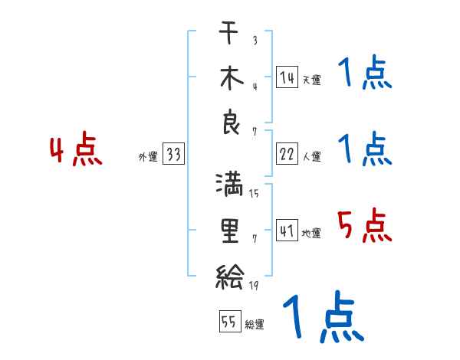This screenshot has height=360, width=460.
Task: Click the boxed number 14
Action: tap(287, 77)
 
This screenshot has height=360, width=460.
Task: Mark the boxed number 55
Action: tap(228, 322)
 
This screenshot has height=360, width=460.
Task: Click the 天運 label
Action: tap(311, 80)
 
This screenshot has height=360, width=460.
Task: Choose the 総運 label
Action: tap(255, 325)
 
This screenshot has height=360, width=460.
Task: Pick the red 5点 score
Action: tap(365, 227)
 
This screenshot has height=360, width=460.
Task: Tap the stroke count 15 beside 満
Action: tap(254, 193)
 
